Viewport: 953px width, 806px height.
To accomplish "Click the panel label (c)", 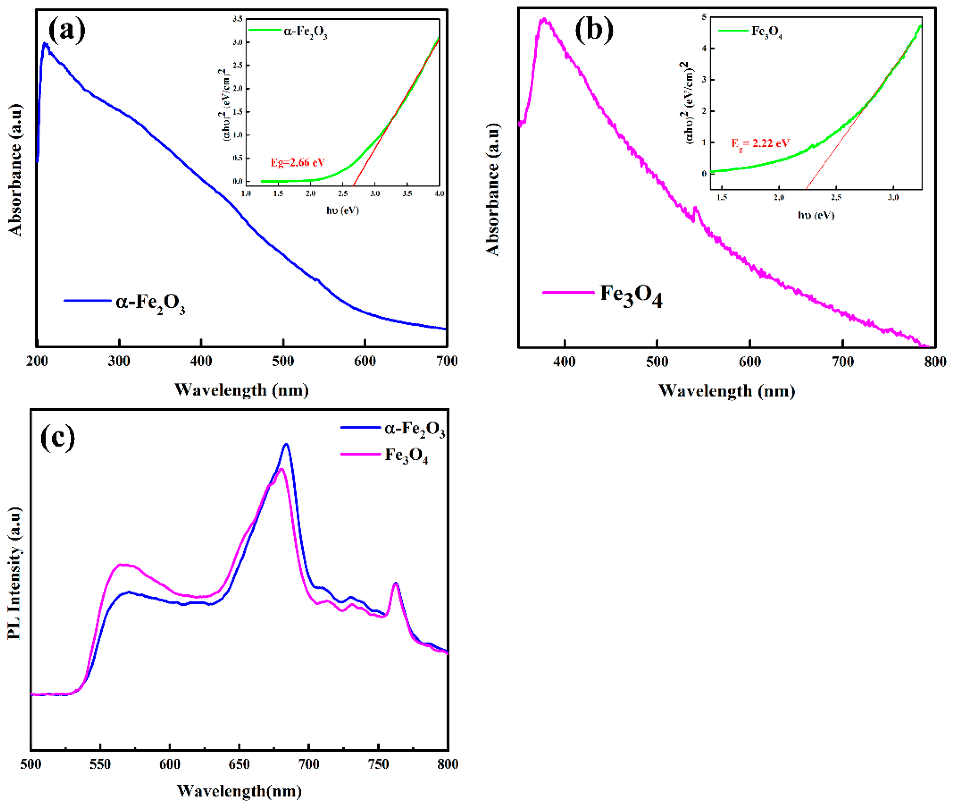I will [x=58, y=437].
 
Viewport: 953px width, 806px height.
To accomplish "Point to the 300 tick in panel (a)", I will [x=119, y=361].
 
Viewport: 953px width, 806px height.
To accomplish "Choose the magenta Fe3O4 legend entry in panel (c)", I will [x=406, y=455].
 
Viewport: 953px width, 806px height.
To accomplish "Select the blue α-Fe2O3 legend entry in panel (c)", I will [x=413, y=429].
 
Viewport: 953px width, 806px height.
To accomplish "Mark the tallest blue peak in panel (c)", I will [x=286, y=445].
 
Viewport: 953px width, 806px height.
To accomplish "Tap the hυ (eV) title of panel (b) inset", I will [x=816, y=215].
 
